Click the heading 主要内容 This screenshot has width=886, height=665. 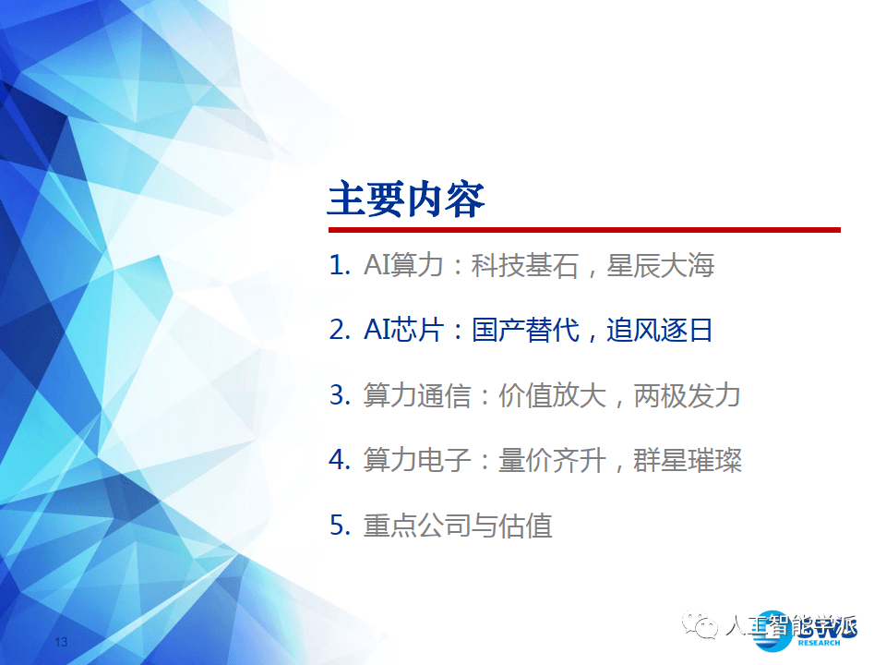(x=406, y=199)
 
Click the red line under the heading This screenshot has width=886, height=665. (x=583, y=229)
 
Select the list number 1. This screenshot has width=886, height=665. (x=339, y=267)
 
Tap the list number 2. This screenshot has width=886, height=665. (x=339, y=331)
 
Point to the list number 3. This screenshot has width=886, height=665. (x=339, y=395)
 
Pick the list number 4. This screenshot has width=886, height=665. (x=339, y=460)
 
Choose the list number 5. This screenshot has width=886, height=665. (x=339, y=526)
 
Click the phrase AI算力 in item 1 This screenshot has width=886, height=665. (x=398, y=267)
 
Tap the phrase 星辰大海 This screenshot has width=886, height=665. (x=661, y=267)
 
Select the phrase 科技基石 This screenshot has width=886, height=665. (x=524, y=267)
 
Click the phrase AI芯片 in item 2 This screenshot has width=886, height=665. (x=398, y=331)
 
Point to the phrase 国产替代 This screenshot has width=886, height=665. (x=525, y=331)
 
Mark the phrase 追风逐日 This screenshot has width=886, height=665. (x=660, y=331)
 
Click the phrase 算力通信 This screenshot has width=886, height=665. (x=416, y=395)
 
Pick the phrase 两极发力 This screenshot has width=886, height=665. (x=688, y=395)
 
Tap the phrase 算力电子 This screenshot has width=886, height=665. (x=416, y=460)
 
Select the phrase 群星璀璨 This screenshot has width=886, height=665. (x=688, y=460)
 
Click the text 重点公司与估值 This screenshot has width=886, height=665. (x=458, y=526)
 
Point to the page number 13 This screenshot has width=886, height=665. (x=63, y=642)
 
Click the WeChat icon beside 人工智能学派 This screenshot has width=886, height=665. (x=700, y=627)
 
